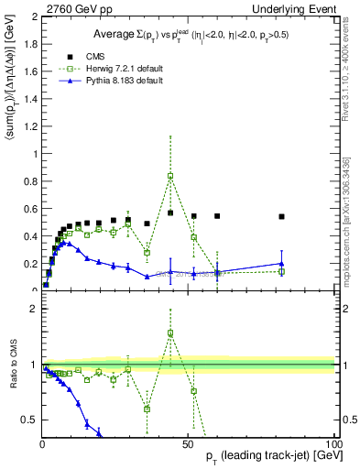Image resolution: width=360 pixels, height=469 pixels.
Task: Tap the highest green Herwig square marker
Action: coord(170,176)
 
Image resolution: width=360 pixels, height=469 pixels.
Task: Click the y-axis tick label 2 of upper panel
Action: coord(34,17)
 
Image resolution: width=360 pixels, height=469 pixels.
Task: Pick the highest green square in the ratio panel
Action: coord(170,333)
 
